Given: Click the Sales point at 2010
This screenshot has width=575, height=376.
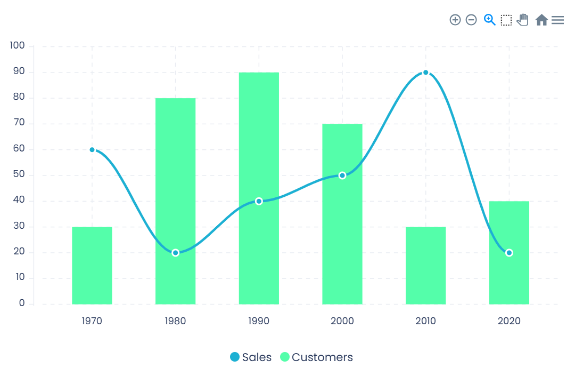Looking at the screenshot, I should (x=425, y=73).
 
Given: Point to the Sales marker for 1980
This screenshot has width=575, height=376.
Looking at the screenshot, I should (x=176, y=253).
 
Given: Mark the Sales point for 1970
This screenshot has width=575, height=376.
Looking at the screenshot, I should (x=92, y=150).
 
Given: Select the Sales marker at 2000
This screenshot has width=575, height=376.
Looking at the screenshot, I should (x=342, y=175).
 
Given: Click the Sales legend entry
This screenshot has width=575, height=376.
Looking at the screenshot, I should (x=251, y=357).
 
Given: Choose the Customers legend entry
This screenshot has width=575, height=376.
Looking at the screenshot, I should (x=317, y=357).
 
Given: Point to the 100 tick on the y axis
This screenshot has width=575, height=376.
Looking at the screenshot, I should (x=18, y=46).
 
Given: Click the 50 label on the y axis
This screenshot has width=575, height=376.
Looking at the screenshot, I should (x=19, y=175).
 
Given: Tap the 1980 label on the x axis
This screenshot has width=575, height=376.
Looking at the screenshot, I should (x=176, y=321).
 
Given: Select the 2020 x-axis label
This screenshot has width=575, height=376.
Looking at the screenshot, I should (x=509, y=321).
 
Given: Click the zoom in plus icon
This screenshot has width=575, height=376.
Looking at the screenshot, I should (x=455, y=20).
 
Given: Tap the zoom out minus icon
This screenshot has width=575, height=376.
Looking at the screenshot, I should (x=471, y=20).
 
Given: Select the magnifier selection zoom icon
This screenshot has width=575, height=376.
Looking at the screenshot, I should (x=489, y=20).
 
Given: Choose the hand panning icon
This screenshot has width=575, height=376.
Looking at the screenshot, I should (x=523, y=20).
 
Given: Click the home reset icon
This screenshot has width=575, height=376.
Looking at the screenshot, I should (x=541, y=20).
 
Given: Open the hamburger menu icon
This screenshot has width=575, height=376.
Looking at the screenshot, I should (x=557, y=20).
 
